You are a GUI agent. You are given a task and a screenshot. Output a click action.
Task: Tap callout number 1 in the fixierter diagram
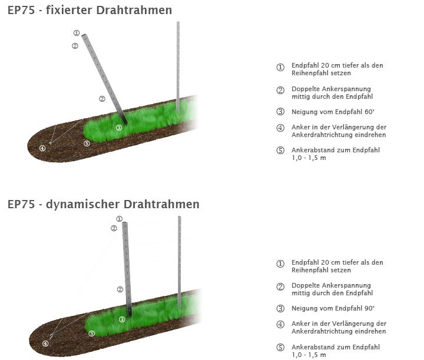click(77, 33)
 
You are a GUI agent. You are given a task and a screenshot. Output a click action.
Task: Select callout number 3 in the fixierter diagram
click(119, 127)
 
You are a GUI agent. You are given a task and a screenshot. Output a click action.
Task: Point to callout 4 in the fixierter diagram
click(42, 148)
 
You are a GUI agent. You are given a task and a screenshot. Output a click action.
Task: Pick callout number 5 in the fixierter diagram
click(87, 143)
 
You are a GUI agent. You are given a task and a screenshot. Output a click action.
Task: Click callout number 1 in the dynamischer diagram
click(120, 219)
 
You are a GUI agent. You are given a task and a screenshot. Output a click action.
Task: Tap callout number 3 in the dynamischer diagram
click(122, 319)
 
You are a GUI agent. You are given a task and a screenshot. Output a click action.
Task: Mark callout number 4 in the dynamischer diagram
click(45, 344)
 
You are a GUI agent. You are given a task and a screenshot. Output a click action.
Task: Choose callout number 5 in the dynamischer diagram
click(92, 334)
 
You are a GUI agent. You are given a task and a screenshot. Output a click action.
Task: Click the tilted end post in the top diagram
click(104, 76)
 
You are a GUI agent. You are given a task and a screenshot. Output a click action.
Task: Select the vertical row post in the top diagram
click(178, 65)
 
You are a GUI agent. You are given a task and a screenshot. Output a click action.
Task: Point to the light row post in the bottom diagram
click(180, 259)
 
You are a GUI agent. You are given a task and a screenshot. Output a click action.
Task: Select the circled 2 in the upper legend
click(280, 90)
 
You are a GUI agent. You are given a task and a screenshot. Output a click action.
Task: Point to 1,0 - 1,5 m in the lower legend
click(309, 355)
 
